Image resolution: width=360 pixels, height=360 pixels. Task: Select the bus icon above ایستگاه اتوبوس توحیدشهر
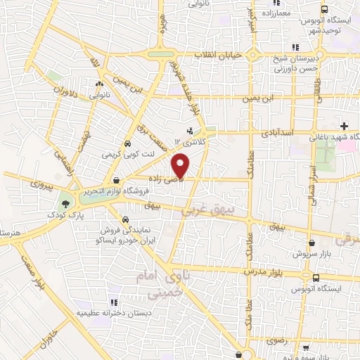click(x=324, y=10)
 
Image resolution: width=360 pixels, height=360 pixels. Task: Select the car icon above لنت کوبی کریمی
click(x=127, y=143)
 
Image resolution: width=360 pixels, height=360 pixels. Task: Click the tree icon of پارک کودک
click(x=65, y=202)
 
